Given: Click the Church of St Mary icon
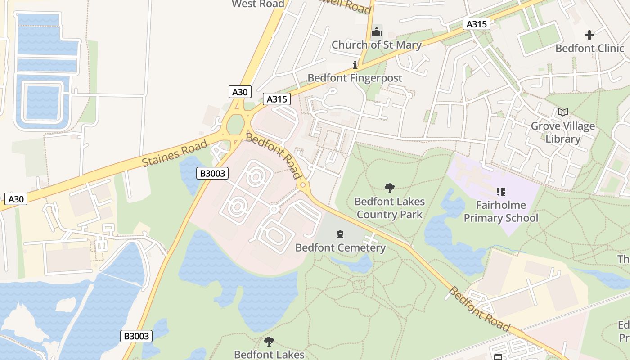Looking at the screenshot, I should (x=377, y=31).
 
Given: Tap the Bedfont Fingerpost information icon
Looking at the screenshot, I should (x=355, y=64).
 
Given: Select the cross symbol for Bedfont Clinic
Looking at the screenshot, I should (x=589, y=35).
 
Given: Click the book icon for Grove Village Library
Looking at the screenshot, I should (x=562, y=112).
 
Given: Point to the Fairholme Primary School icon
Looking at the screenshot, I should (x=500, y=192).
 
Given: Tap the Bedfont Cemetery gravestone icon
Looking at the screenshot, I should (x=340, y=234).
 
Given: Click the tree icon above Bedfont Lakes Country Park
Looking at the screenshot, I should (x=389, y=188).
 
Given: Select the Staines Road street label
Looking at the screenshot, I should (x=175, y=153).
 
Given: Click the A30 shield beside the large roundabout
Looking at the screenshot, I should (x=239, y=92).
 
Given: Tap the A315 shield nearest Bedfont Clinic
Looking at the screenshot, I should (x=477, y=24).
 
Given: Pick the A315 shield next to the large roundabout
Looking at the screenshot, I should (x=276, y=99).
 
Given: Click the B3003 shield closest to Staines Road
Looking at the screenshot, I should (x=212, y=173).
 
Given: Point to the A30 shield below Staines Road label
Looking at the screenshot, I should (x=16, y=198).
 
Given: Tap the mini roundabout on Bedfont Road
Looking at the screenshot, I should (x=303, y=185).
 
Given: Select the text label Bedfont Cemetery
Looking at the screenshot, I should (x=340, y=247).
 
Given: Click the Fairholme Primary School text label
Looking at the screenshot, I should (x=501, y=211).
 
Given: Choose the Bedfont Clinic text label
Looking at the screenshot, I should (x=589, y=48).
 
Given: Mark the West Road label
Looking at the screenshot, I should (x=258, y=4).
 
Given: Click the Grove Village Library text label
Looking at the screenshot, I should (x=562, y=132).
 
